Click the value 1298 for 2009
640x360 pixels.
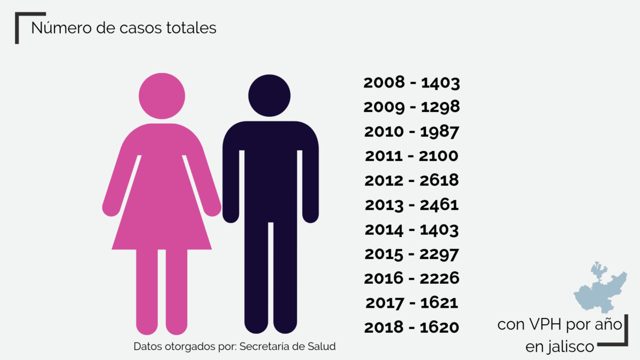[x=440, y=107]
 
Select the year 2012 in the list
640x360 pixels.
[x=384, y=180]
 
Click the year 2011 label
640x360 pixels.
[x=384, y=156]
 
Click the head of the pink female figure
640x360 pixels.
[x=162, y=95]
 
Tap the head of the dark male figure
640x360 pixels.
[x=269, y=95]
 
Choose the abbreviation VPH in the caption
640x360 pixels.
[x=546, y=324]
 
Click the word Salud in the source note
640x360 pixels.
[x=322, y=346]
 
